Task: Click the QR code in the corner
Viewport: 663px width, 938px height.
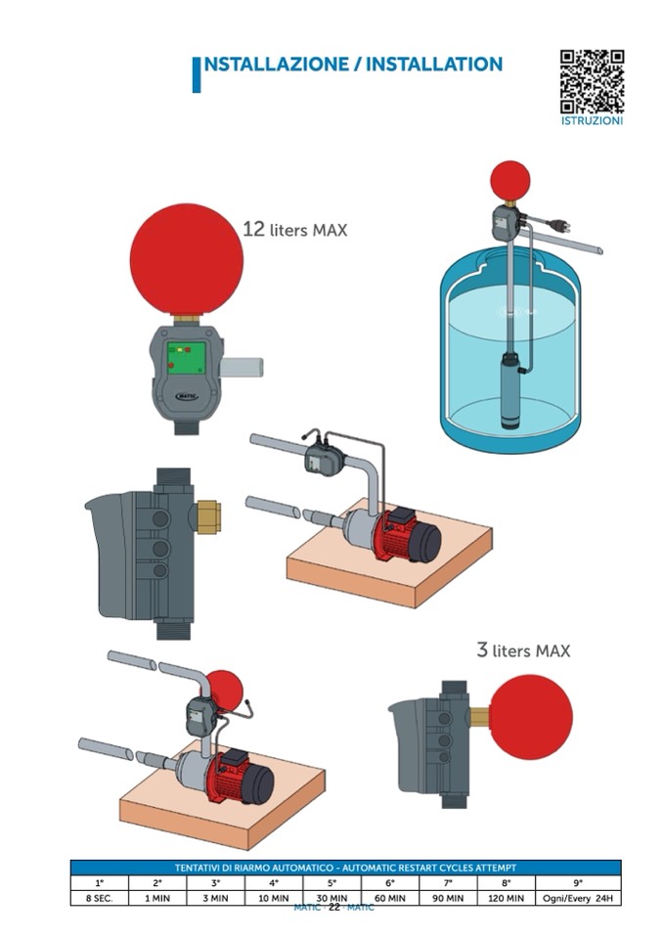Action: pyautogui.click(x=592, y=82)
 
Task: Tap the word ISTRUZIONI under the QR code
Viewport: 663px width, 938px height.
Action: pyautogui.click(x=592, y=121)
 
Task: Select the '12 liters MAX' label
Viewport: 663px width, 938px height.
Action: pyautogui.click(x=294, y=230)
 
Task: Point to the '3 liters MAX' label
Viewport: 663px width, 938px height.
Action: pyautogui.click(x=522, y=649)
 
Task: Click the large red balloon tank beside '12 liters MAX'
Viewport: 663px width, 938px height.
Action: pyautogui.click(x=186, y=259)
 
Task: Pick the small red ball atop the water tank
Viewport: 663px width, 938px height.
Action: pyautogui.click(x=509, y=181)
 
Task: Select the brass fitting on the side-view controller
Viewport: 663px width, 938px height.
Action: pyautogui.click(x=207, y=515)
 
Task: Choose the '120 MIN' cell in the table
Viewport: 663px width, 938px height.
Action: pyautogui.click(x=508, y=897)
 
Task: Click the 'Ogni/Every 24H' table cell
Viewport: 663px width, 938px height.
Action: pyautogui.click(x=578, y=897)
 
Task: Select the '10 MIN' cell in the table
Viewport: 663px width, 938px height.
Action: pyautogui.click(x=275, y=897)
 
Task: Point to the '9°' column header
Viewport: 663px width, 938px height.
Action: pyautogui.click(x=578, y=882)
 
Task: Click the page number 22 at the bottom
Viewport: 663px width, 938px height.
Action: pyautogui.click(x=333, y=908)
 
